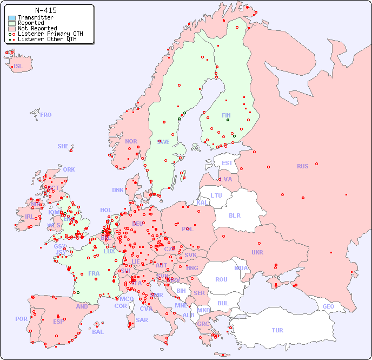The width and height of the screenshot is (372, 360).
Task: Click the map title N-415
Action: point(45,10)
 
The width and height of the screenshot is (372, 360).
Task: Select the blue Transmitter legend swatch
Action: point(12,17)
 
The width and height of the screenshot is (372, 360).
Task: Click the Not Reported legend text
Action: point(37,28)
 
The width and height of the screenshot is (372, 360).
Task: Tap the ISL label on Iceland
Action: point(18,67)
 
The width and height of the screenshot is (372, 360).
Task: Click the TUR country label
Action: point(277,330)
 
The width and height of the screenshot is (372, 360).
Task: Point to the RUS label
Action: point(302,166)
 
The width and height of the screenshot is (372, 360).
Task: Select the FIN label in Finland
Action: point(226,115)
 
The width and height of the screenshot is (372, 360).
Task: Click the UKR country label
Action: point(257,252)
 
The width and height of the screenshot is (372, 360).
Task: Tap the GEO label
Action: point(328,306)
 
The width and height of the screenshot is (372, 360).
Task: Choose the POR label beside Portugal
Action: point(21,319)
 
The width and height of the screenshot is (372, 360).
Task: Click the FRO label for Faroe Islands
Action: point(46,115)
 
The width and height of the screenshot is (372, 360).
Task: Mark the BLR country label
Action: point(234,215)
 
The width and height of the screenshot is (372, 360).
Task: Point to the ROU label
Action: point(221,279)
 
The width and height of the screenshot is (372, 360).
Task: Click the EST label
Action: point(227,163)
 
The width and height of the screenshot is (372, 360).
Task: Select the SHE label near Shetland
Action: point(63,146)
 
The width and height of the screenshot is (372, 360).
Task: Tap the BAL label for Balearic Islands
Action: point(98,332)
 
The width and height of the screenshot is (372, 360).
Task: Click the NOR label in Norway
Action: point(131,141)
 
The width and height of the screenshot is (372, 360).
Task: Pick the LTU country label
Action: point(216,195)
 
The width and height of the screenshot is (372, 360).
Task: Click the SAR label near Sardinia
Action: point(142,320)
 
